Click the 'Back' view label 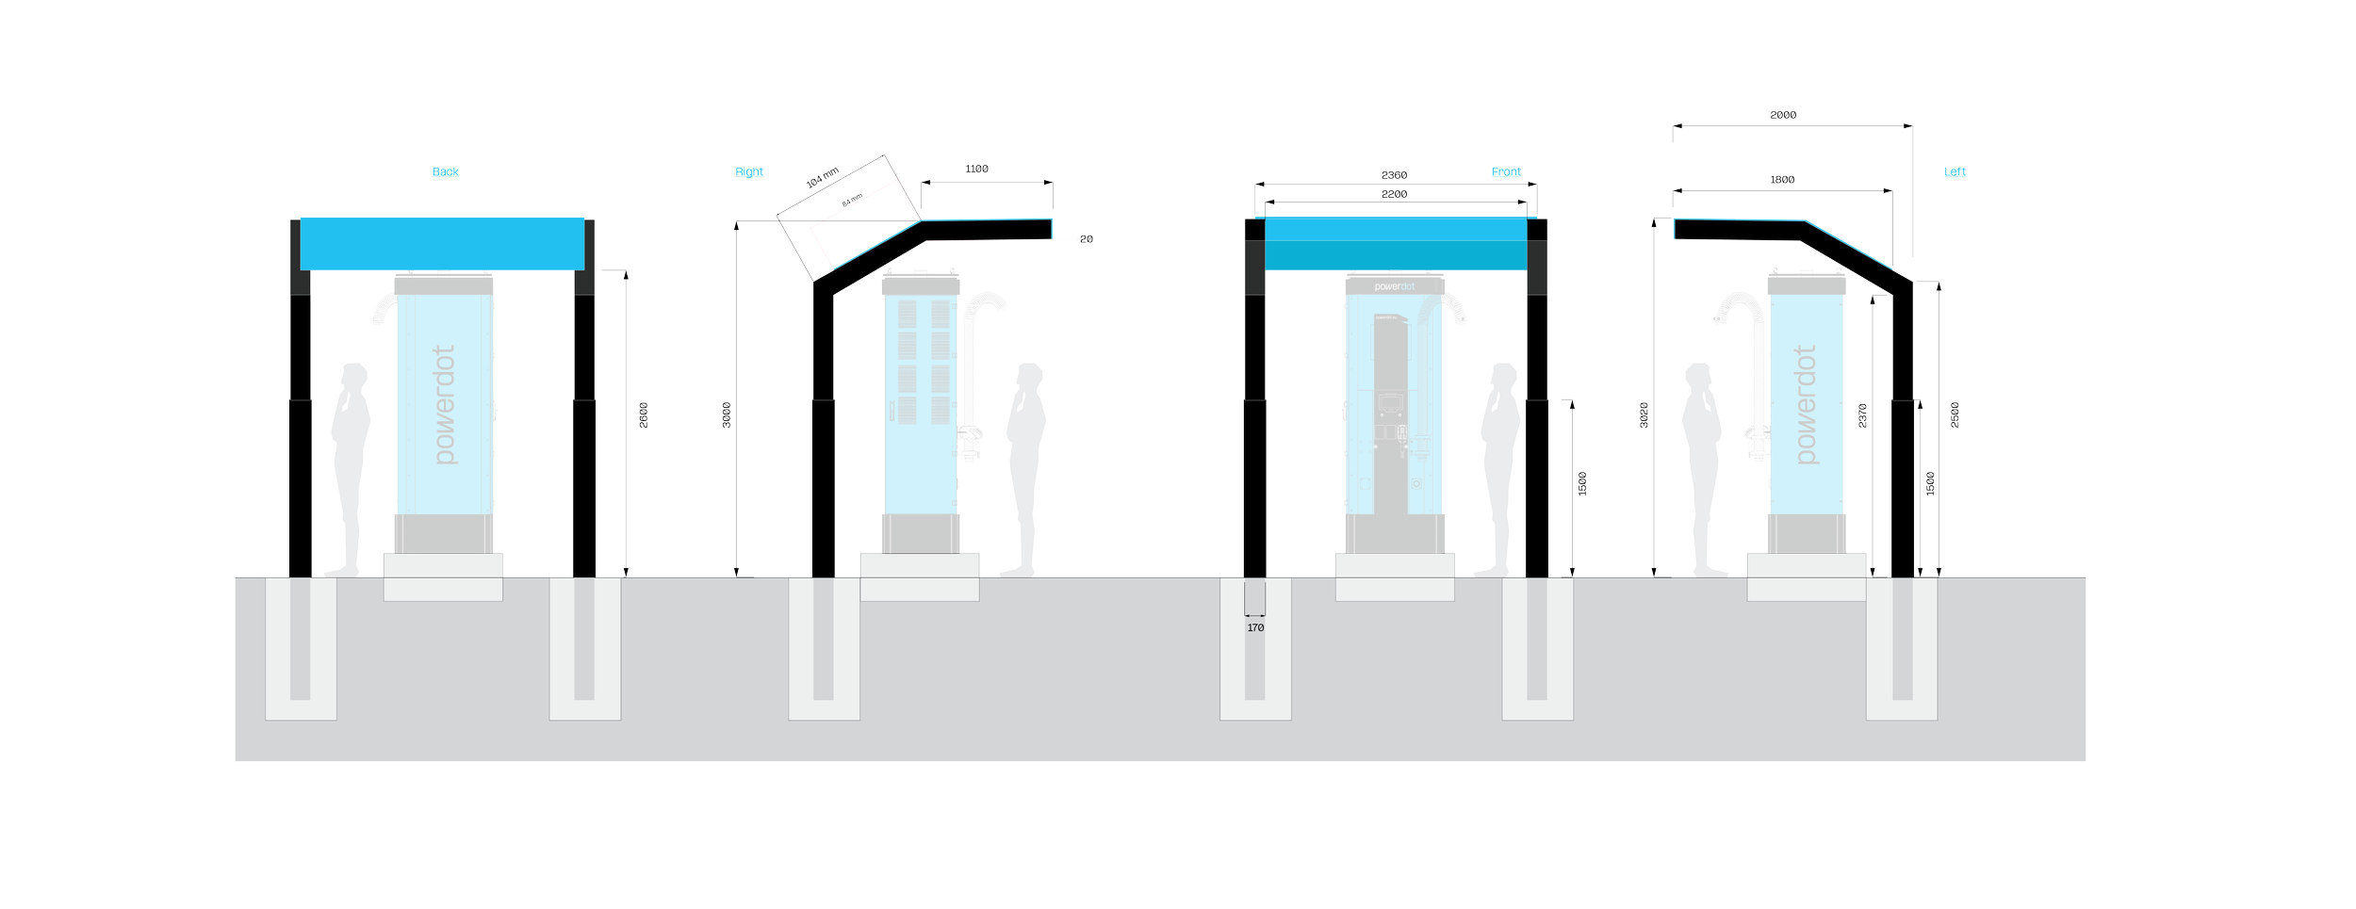(445, 171)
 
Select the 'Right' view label (749, 171)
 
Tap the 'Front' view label (1506, 171)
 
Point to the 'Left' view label (1955, 171)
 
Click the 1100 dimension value (976, 170)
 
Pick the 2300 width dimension (1394, 176)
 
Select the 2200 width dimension (1394, 194)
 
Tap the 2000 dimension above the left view (1783, 115)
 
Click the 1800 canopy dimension (1782, 180)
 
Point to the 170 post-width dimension (1255, 627)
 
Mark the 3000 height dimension (728, 414)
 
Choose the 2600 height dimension (645, 414)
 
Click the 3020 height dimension (1644, 414)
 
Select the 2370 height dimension (1863, 415)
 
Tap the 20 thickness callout (1087, 239)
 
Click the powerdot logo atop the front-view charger (1395, 286)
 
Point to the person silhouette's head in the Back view (354, 376)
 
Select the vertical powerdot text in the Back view (445, 404)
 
